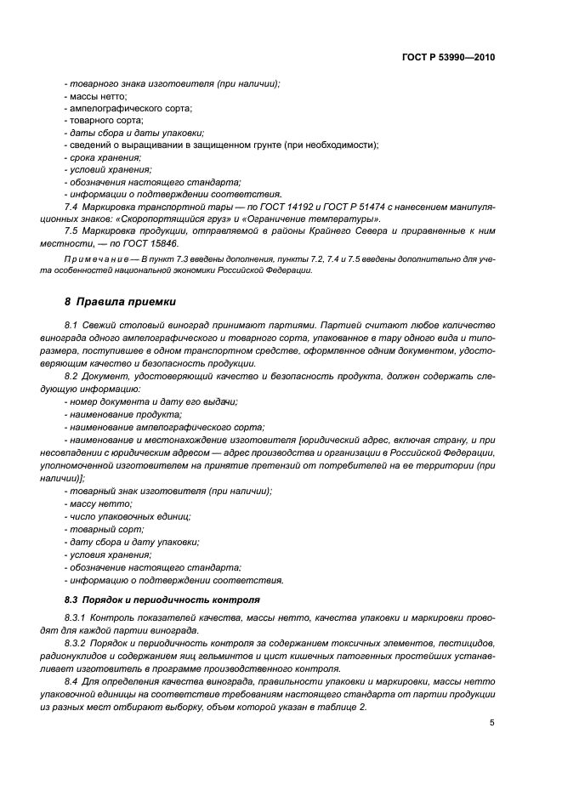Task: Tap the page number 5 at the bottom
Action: pyautogui.click(x=491, y=723)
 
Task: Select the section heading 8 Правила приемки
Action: pyautogui.click(x=116, y=302)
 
